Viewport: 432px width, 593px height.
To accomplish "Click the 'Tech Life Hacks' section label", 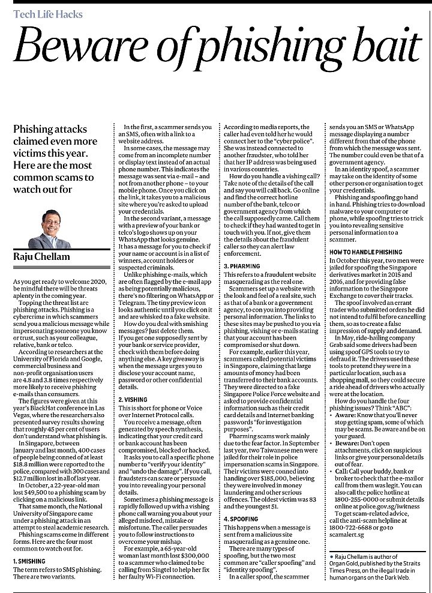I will (x=47, y=14).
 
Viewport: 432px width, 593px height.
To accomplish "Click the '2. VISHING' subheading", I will (x=133, y=399).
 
